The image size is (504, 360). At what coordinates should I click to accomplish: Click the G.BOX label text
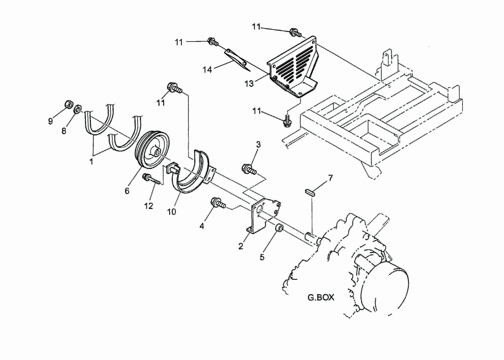(321, 297)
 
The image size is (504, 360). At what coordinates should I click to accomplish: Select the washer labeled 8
(78, 109)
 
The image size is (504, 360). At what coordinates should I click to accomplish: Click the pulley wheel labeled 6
(153, 150)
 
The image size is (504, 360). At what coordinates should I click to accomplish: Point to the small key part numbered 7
(311, 192)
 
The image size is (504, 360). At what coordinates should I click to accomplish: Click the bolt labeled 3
(249, 169)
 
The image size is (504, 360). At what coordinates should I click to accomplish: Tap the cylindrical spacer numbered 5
(279, 229)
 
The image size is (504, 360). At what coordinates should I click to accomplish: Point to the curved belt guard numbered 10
(193, 175)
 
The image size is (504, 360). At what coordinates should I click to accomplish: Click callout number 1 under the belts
(91, 162)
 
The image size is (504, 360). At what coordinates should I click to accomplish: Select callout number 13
(249, 84)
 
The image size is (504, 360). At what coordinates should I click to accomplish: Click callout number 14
(207, 70)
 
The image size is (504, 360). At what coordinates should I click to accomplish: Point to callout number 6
(127, 191)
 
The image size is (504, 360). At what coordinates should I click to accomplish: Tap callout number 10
(172, 212)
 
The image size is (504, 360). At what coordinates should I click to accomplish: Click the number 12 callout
(149, 206)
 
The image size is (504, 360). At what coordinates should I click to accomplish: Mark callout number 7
(330, 178)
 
